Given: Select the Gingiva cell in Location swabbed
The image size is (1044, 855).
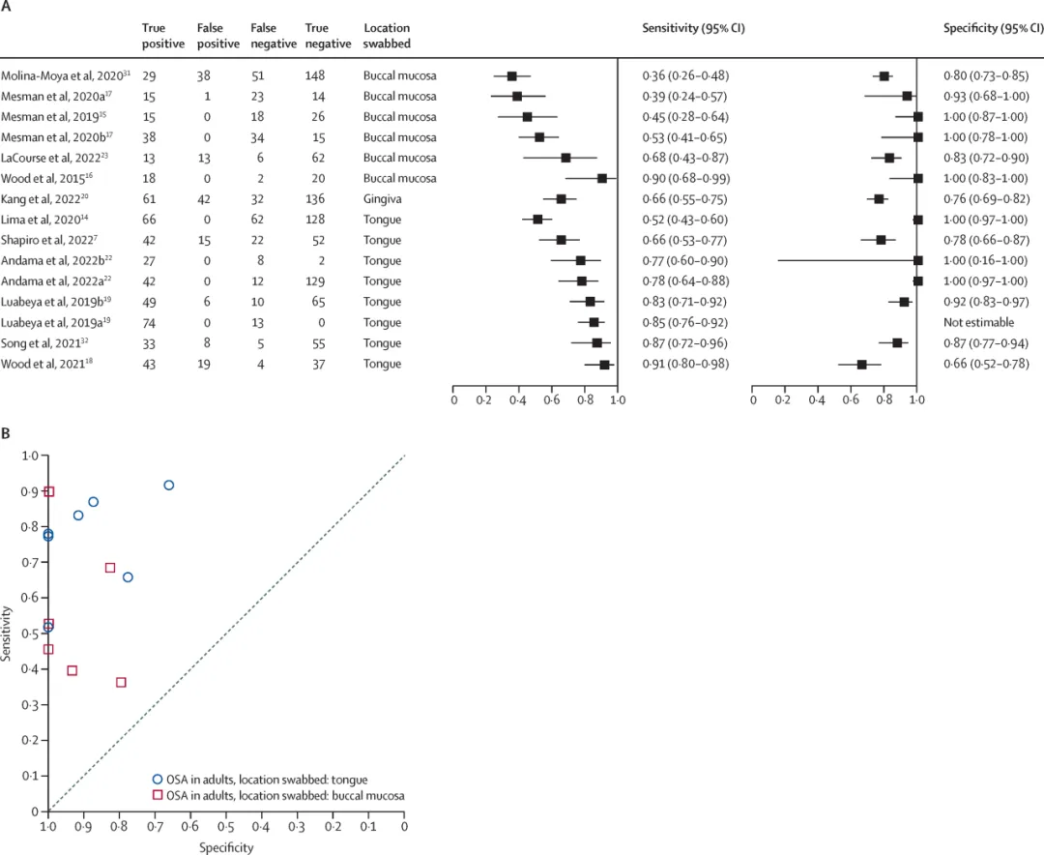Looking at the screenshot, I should [382, 199].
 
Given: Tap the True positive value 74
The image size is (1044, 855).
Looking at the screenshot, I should [150, 323].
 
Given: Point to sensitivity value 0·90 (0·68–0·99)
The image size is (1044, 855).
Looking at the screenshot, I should [685, 179].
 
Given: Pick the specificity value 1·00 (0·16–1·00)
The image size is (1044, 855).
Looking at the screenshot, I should [985, 261].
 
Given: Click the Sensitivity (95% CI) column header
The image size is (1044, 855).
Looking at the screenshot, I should [693, 29].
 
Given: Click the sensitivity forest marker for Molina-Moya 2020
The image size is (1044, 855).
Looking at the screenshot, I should [512, 75].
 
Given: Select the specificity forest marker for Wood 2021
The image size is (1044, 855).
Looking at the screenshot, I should [861, 365].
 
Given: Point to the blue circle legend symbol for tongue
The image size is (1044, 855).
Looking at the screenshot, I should [158, 779].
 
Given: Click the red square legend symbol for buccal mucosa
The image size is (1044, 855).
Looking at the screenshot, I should [158, 794].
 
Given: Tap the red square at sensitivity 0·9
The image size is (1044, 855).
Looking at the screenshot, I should [48, 491].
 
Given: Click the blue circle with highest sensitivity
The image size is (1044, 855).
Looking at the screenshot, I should [168, 485].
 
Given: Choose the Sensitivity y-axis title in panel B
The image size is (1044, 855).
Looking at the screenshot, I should [8, 633].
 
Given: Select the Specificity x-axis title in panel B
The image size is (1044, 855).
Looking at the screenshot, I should [226, 847].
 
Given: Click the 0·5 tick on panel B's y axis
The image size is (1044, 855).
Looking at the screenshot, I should [36, 634].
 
